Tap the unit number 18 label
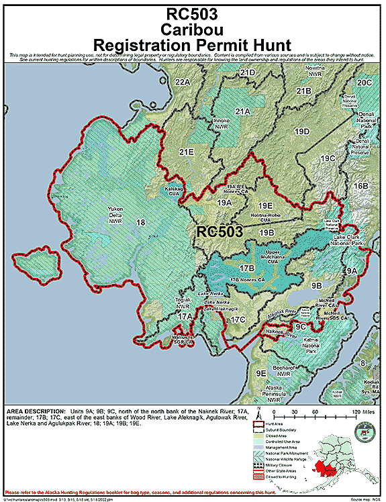click(x=140, y=222)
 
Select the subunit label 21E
click(x=186, y=153)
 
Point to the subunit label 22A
click(x=182, y=82)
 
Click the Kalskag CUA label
click(x=176, y=191)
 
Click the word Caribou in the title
click(x=192, y=29)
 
